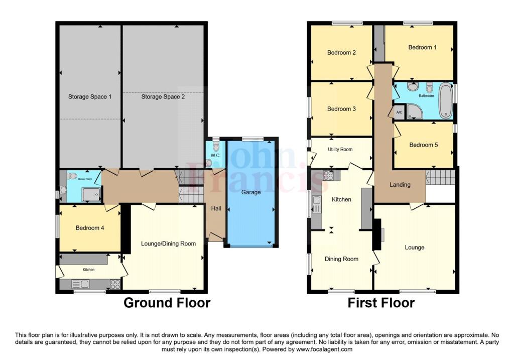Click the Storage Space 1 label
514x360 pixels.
90,97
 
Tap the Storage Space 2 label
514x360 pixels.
163,97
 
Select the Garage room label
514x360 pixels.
251,192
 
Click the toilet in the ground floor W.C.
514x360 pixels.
216,146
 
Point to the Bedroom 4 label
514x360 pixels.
90,228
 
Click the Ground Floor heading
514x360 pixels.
167,303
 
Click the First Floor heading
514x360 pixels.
381,303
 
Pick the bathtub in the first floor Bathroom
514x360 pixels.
445,101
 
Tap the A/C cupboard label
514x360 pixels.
400,112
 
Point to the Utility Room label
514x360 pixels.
340,149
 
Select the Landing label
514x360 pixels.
400,185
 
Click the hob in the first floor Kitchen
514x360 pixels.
330,176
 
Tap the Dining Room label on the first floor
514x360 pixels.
341,259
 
